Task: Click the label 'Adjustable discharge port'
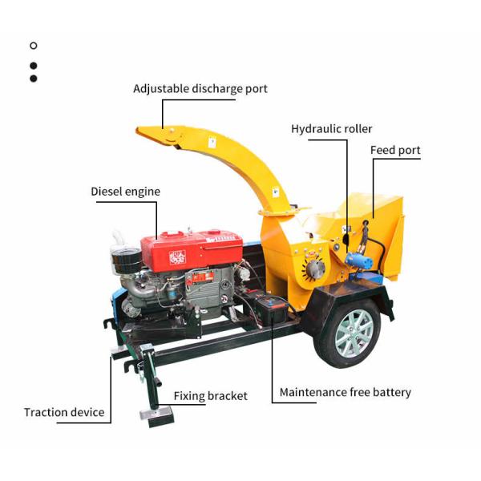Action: (x=200, y=89)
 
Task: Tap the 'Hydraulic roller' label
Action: (x=331, y=129)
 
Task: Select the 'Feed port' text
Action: (x=395, y=151)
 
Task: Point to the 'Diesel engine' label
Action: (x=125, y=192)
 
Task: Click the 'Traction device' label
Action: (x=64, y=412)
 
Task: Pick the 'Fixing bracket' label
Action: (x=210, y=396)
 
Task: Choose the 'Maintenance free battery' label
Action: (x=345, y=393)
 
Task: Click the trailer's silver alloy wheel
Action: (x=352, y=332)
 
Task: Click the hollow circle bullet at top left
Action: (x=33, y=46)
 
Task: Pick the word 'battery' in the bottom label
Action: (x=391, y=393)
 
